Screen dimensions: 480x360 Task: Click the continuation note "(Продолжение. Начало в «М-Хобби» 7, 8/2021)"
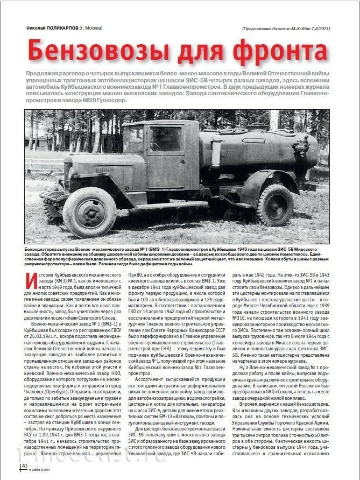(x=286, y=29)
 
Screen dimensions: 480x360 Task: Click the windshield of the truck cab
(x=132, y=139)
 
